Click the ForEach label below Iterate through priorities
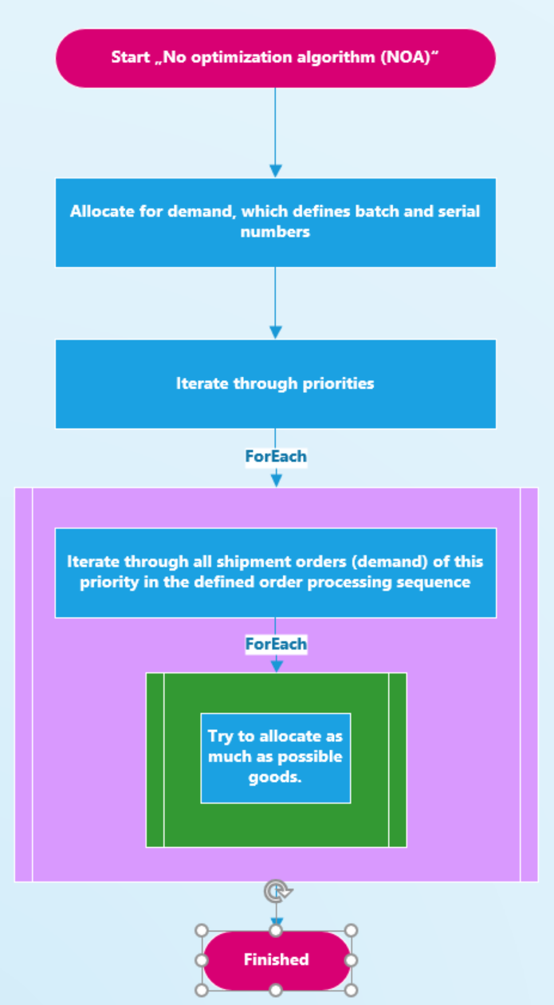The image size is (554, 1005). [x=276, y=457]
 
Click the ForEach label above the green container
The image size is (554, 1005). [x=276, y=643]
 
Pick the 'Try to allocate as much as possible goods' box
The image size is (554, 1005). [x=275, y=757]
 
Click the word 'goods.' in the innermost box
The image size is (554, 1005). [x=276, y=777]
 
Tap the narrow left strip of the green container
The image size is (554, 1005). [x=155, y=760]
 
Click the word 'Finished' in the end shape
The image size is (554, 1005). [x=276, y=960]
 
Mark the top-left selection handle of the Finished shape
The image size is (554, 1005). [x=202, y=931]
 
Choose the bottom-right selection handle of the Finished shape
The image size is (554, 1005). [x=351, y=990]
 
